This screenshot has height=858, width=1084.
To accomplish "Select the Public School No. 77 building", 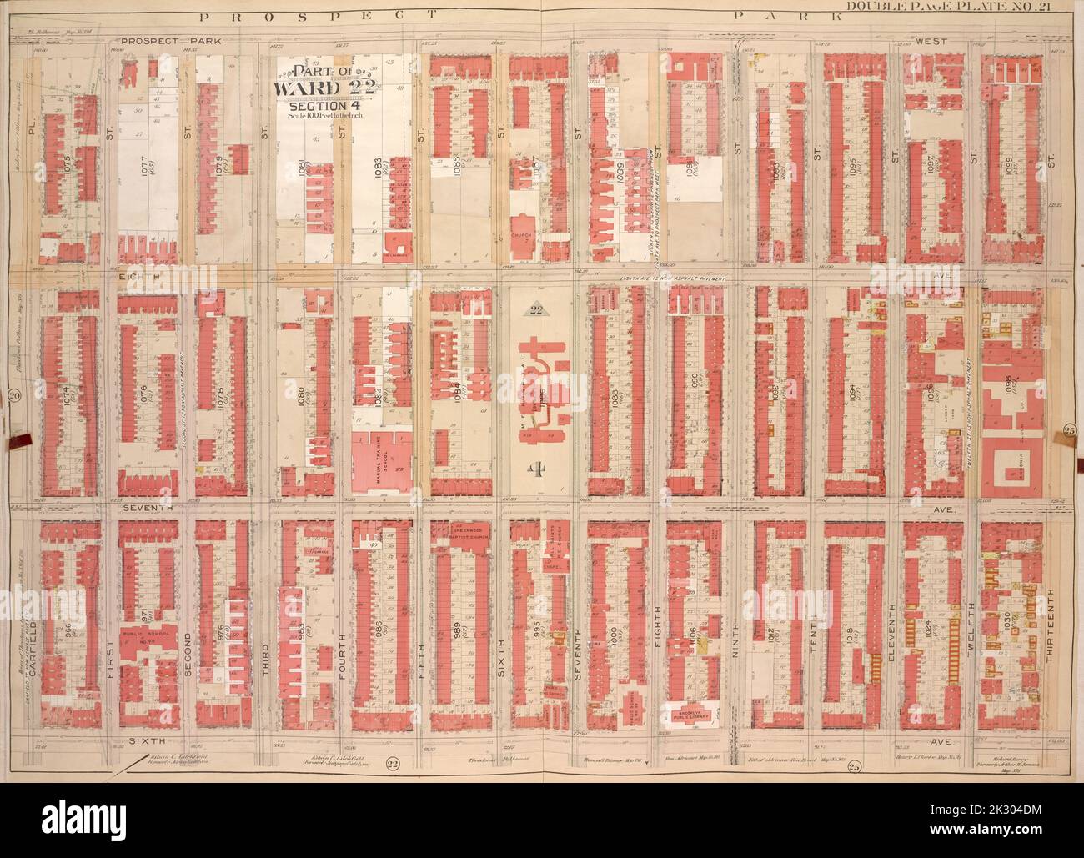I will tap(147, 643).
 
